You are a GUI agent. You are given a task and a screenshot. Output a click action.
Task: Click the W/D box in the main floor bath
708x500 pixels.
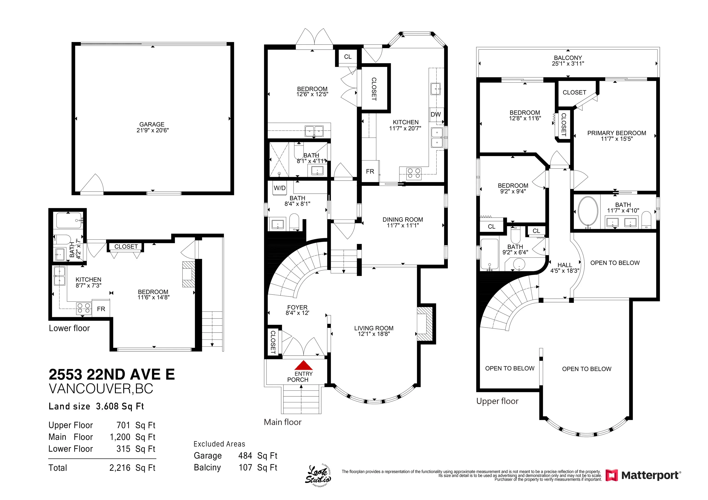[x=280, y=188]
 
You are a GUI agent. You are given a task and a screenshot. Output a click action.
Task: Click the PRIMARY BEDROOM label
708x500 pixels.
[x=617, y=133]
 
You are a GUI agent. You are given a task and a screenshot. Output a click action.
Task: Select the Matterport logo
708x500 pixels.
[x=643, y=475]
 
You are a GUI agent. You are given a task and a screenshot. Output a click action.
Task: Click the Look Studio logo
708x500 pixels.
[x=318, y=476]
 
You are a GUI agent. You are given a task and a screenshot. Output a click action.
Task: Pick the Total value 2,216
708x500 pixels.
[x=120, y=468]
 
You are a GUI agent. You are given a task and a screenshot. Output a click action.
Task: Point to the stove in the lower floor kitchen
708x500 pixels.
[x=84, y=309]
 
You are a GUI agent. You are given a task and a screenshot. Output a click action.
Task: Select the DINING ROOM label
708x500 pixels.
[x=403, y=220]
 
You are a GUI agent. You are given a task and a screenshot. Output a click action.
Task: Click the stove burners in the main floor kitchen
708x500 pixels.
[x=414, y=173]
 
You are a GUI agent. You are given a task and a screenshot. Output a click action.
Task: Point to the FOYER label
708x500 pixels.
[x=297, y=307]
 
